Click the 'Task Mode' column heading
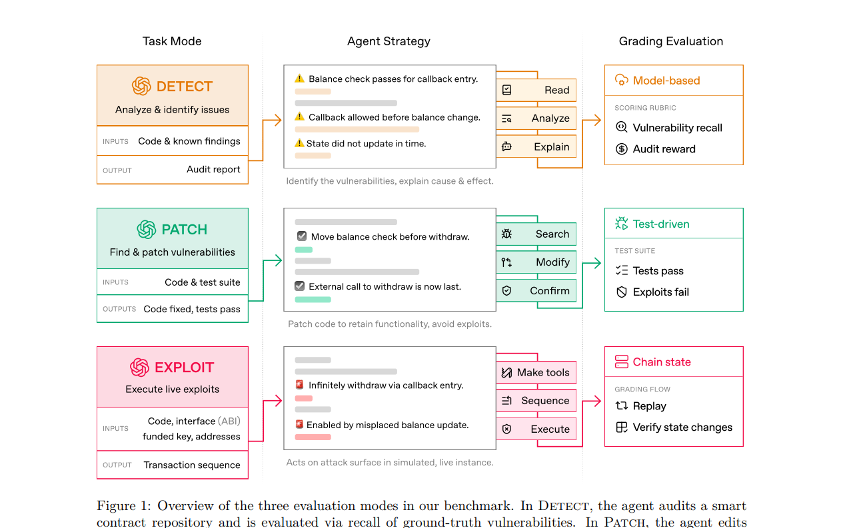point(172,41)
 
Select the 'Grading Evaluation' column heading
point(670,41)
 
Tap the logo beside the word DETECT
point(141,87)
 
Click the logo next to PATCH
point(147,230)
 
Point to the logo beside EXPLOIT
point(139,368)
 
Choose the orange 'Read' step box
point(536,91)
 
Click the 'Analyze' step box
point(536,119)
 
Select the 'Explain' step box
point(536,147)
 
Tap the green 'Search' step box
point(536,234)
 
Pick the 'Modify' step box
point(536,262)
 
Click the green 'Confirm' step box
point(536,291)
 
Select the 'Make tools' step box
point(536,373)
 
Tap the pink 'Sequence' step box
point(536,401)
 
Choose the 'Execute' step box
point(536,429)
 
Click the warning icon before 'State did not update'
point(299,143)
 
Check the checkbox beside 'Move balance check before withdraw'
point(302,236)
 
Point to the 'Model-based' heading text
point(666,81)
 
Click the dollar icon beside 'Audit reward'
point(622,149)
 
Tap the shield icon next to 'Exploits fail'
point(622,292)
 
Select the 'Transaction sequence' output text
point(192,465)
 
